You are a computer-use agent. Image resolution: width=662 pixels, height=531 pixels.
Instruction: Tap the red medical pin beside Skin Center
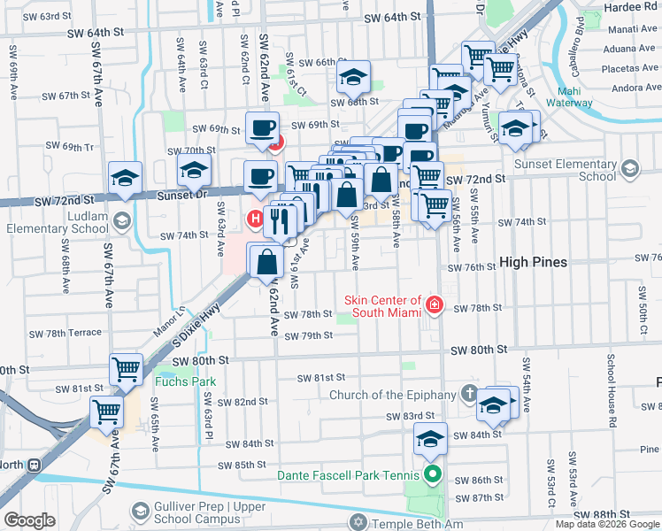point(435,306)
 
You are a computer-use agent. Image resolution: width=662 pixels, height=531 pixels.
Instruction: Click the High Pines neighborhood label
point(533,262)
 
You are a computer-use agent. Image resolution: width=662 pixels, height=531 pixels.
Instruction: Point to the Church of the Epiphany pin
point(468,392)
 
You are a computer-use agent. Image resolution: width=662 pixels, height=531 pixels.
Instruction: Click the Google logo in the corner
point(28,520)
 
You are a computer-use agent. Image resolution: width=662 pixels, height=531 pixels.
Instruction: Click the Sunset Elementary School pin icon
point(629,168)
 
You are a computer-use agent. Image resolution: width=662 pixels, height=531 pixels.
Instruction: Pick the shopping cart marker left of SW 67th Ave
point(107,410)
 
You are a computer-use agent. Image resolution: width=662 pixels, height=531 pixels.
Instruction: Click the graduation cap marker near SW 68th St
point(353,79)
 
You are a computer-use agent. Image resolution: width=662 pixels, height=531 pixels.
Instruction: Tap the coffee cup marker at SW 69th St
point(262,129)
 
